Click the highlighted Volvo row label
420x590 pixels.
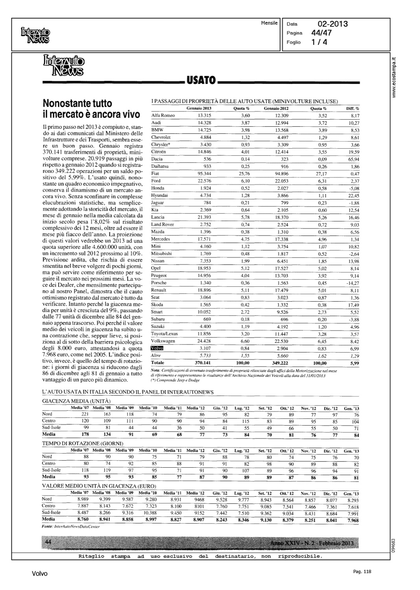point(157,348)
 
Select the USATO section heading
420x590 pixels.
point(200,81)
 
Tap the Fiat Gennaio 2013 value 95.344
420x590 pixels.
point(204,173)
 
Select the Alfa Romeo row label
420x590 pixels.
point(163,116)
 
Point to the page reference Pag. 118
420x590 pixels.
point(362,572)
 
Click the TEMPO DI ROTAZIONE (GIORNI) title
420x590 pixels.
point(80,443)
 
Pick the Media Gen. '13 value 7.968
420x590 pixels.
point(351,520)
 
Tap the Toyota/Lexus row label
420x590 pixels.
point(164,334)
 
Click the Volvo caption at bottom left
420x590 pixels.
point(40,574)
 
